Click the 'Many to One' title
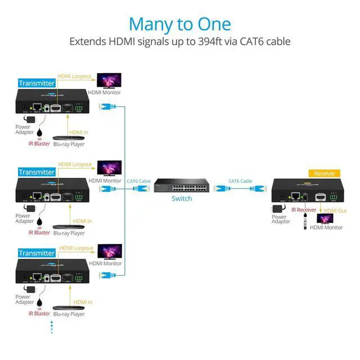179,24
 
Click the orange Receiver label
325,173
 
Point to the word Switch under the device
182,199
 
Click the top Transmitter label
37,83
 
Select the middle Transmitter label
37,172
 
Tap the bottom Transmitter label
37,253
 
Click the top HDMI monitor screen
109,80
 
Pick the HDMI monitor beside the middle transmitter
109,168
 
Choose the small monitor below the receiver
325,218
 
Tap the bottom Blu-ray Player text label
69,314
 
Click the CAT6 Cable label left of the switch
139,181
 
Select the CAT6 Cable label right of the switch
240,181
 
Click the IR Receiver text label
304,210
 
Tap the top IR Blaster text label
39,143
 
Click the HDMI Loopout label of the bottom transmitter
76,247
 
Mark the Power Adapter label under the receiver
281,219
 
